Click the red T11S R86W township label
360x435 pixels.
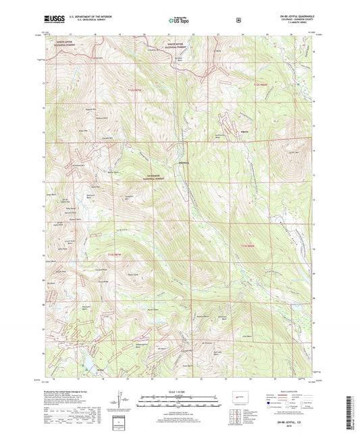[x=261, y=84]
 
